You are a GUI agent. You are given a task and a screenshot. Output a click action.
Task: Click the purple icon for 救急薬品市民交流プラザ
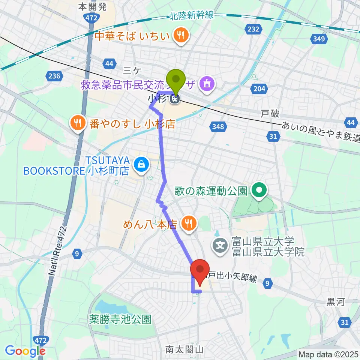click(x=206, y=84)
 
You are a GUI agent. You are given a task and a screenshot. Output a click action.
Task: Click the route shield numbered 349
click(x=318, y=39)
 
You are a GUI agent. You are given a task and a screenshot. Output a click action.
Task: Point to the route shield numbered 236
click(x=54, y=76)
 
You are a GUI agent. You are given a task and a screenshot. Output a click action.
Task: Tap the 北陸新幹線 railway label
click(x=191, y=15)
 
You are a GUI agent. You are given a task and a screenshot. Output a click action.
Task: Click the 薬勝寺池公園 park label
click(x=120, y=319)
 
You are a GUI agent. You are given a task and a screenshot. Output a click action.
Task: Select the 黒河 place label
click(x=336, y=303)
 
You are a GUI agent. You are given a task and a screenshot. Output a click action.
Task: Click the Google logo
click(x=25, y=351)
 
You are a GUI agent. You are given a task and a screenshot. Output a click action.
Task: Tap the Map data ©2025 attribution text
click(x=328, y=354)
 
